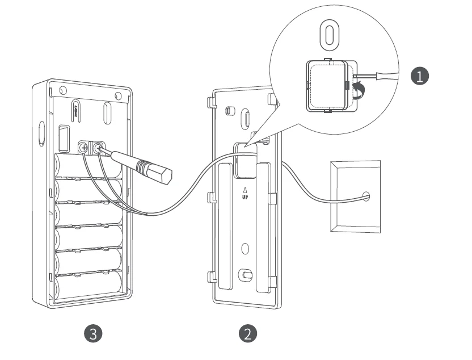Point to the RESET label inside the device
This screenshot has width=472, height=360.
(76, 110)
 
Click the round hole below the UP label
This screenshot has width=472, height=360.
(245, 249)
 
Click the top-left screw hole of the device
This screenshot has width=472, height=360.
(63, 91)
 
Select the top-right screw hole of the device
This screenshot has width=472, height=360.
(117, 95)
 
